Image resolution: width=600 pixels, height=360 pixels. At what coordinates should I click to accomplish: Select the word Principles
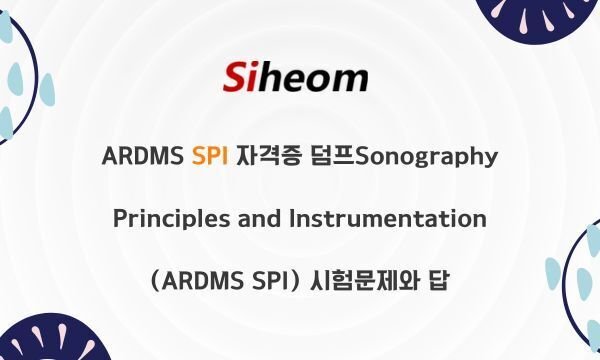click(170, 218)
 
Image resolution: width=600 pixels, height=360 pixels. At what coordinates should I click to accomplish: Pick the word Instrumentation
click(389, 218)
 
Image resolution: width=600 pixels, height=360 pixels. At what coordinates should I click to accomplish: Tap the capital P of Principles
click(120, 218)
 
